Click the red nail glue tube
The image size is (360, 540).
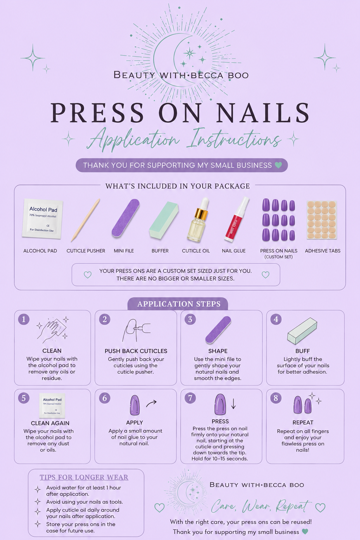pos(236,219)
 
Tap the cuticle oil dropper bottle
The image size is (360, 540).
pos(198,220)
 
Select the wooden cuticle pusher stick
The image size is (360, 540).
pos(85,220)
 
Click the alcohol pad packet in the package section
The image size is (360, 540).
pos(42,219)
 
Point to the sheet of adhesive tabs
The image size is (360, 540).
pos(322,220)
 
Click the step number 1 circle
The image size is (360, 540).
pos(24,319)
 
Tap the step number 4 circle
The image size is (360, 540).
pos(276,319)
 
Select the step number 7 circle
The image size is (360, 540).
pos(190,398)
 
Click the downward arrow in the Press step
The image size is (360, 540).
pos(233,404)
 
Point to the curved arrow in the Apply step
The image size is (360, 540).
pos(151,403)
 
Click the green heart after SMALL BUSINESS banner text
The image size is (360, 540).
pos(278,165)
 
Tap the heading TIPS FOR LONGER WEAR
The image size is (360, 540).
pos(84,477)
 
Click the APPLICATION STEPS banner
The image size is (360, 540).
pos(179,304)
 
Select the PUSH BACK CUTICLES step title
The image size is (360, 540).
pos(136,351)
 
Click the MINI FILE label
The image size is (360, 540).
pos(124,251)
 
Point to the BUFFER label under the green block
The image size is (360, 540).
pos(160,251)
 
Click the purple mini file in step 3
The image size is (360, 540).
pos(218,330)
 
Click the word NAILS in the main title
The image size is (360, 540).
pos(263,112)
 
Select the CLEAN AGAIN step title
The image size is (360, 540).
pos(50,423)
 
